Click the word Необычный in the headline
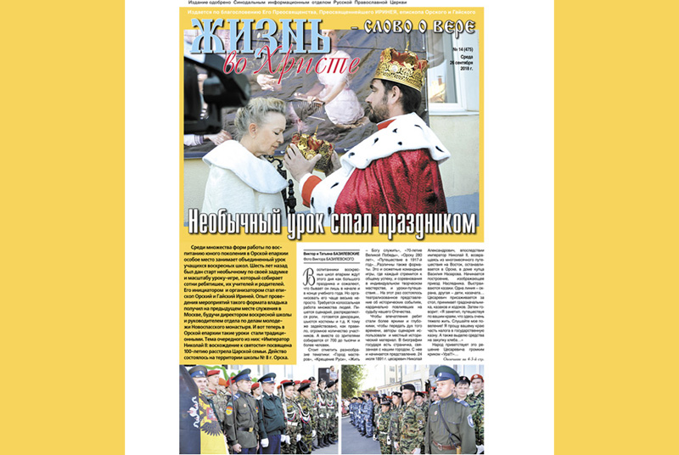click(245, 222)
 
